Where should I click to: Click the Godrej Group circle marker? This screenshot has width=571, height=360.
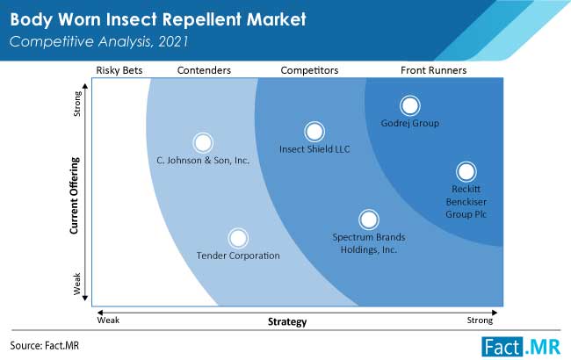pos(410,105)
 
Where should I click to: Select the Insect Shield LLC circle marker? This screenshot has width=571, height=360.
pos(314,132)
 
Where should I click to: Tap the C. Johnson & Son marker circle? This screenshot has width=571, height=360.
pos(203,143)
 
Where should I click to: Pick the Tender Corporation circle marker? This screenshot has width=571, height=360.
pos(238,238)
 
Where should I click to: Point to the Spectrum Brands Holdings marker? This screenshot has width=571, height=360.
pos(369,220)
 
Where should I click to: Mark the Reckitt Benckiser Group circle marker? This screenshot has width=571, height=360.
pos(466,172)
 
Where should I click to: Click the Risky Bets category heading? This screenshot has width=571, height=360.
pos(119,70)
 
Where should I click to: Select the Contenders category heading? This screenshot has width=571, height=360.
pos(204,70)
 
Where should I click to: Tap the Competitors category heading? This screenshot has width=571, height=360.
pos(309,70)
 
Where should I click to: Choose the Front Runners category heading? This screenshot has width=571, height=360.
pos(433,70)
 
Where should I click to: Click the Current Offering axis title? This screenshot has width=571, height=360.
pos(75,196)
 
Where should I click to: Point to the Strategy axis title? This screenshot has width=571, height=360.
pos(287,321)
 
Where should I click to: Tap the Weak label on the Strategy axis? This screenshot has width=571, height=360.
pos(108,320)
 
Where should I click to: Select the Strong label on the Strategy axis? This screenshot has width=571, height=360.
pos(480,320)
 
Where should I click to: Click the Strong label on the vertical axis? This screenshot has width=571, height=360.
pos(77,104)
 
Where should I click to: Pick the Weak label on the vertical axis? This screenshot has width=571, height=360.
pos(76,284)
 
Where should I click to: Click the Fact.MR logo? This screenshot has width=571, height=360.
pos(521,347)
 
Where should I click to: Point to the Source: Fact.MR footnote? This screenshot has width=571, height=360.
pos(45,345)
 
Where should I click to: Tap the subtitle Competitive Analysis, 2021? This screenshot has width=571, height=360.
pos(98,41)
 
